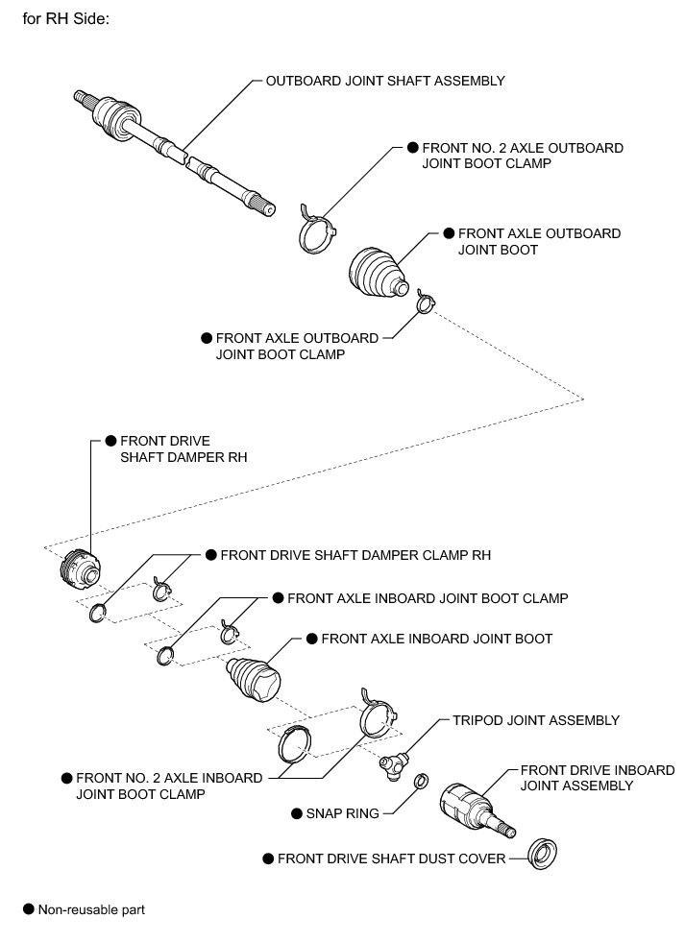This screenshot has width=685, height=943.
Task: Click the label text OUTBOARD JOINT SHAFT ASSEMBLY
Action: pyautogui.click(x=385, y=81)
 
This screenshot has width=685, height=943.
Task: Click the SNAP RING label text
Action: pyautogui.click(x=342, y=813)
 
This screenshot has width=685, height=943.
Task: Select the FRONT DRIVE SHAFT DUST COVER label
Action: pyautogui.click(x=391, y=858)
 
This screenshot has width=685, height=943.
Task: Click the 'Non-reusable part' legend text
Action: pyautogui.click(x=91, y=908)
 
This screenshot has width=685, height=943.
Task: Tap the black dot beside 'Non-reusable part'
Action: pyautogui.click(x=28, y=908)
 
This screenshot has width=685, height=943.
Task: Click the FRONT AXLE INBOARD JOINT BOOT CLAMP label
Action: pyautogui.click(x=428, y=597)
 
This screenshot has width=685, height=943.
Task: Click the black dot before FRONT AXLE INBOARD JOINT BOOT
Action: pyautogui.click(x=310, y=638)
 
